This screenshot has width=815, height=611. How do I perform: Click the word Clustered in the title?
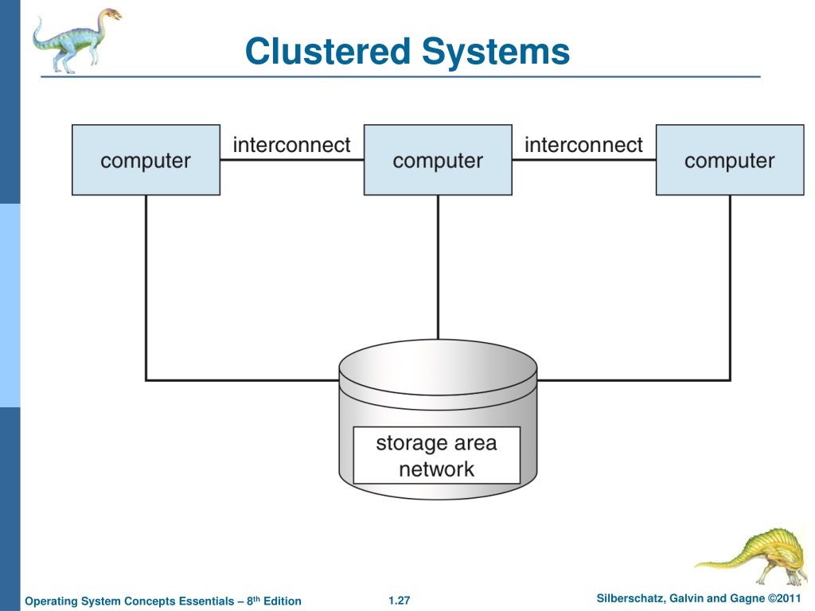328,52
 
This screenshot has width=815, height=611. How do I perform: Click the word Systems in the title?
496,53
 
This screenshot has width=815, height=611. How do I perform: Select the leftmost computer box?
146,160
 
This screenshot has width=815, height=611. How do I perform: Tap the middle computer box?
439,160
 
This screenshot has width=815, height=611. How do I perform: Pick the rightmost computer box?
731,160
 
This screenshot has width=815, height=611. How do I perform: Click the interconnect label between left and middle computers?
291,145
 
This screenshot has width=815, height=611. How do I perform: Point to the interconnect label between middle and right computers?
583,145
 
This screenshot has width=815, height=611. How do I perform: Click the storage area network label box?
437,456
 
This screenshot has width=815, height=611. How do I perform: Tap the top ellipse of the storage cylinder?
439,368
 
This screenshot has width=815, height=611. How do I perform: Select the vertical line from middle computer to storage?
439,267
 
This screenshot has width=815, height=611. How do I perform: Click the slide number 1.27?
400,601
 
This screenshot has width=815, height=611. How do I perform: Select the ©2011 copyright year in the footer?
784,598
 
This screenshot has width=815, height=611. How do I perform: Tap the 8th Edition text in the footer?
274,601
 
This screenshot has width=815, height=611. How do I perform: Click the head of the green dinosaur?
111,14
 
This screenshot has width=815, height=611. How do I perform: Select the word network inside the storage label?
437,469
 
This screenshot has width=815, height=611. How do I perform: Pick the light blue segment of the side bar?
10,305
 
